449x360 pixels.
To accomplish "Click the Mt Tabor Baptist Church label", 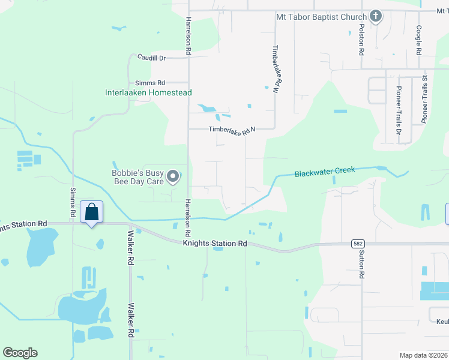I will [x=321, y=17].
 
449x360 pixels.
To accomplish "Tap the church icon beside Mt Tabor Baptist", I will [x=376, y=16].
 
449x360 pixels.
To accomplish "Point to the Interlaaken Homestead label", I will [x=148, y=93].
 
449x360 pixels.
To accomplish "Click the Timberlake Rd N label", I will [x=232, y=129].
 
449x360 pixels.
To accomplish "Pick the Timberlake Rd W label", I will [x=276, y=69].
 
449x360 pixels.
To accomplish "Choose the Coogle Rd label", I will [x=419, y=41].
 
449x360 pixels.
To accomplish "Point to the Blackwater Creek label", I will [x=325, y=172].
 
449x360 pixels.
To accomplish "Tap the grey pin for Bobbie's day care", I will [x=173, y=176].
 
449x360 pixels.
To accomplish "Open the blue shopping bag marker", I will [x=91, y=212].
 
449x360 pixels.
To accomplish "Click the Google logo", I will [x=20, y=353].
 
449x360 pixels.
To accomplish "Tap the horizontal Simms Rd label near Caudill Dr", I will [x=150, y=83].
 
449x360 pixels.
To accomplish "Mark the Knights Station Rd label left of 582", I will [x=214, y=243].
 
